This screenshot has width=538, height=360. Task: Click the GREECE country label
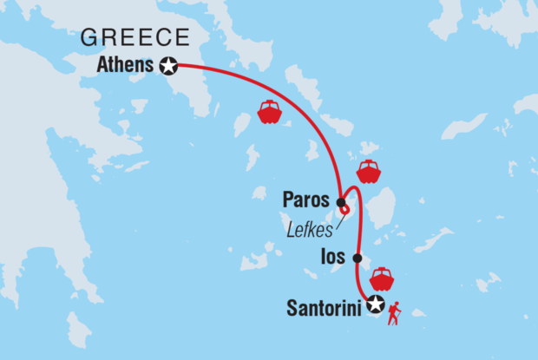click(134, 37)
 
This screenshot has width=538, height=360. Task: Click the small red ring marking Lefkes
click(345, 209)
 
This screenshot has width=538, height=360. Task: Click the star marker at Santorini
click(375, 304)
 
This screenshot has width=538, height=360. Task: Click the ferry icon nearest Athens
click(269, 113)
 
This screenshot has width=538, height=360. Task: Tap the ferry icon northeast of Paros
click(369, 171)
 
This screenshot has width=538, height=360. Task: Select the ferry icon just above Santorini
click(381, 279)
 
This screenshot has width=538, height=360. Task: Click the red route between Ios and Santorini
click(360, 282)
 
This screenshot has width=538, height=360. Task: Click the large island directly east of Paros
click(381, 208)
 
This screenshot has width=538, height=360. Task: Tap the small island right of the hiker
click(420, 313)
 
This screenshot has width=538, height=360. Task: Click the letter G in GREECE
click(88, 37)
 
